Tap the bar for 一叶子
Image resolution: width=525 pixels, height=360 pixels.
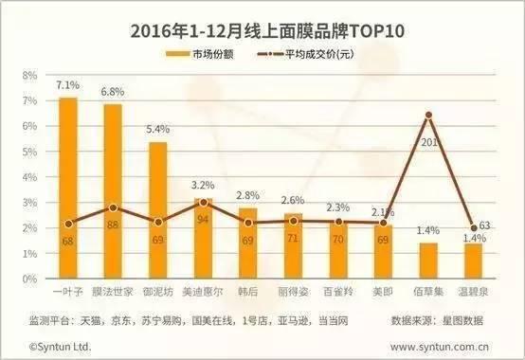tap(68, 189)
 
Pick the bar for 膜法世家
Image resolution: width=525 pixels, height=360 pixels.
tap(113, 193)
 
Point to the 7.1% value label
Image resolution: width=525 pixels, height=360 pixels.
tap(67, 86)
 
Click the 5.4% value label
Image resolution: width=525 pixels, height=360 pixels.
tap(157, 130)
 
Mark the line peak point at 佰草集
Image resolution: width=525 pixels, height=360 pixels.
tap(429, 115)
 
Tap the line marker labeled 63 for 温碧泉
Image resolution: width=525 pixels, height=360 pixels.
tap(473, 227)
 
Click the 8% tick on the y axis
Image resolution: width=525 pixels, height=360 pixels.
tap(29, 75)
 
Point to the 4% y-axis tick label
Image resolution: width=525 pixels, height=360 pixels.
tap(29, 178)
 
